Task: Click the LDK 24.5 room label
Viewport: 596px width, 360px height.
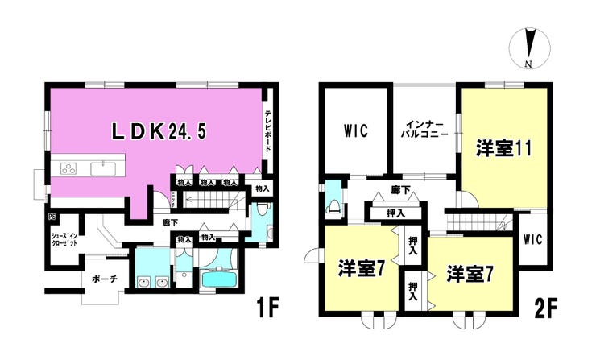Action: [x=153, y=131]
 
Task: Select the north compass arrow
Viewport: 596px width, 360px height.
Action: [x=529, y=47]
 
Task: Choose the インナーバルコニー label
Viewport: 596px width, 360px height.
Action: [x=424, y=130]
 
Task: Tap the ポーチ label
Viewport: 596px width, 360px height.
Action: [x=103, y=279]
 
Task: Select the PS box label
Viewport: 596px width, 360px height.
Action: [x=52, y=217]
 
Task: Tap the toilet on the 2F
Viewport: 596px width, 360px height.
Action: [x=332, y=203]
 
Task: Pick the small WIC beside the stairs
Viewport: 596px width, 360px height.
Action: [x=532, y=239]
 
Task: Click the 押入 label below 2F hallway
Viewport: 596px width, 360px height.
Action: [x=395, y=213]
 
